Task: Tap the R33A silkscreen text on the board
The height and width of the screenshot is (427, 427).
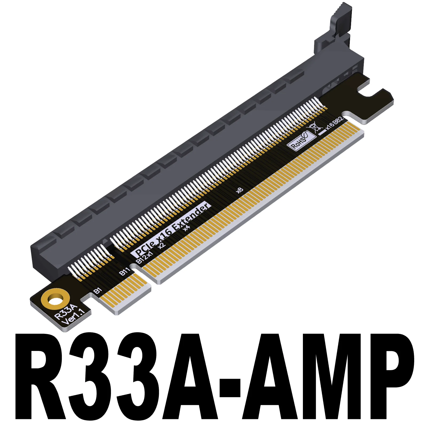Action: coord(66,311)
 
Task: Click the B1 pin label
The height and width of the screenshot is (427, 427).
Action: coord(98,291)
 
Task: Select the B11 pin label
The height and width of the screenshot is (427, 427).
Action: coord(124,272)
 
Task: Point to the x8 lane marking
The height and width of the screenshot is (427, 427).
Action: coord(239,190)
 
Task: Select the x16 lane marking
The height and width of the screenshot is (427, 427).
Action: coord(330,125)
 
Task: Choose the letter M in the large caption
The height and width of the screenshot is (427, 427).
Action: coord(315,379)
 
